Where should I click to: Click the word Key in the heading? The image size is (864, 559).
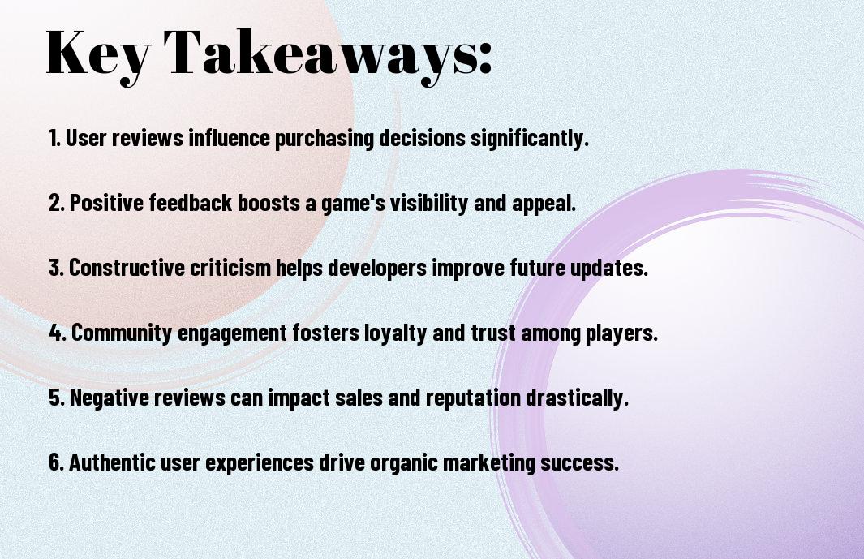click(x=97, y=54)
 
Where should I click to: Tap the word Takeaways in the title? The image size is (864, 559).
click(x=321, y=54)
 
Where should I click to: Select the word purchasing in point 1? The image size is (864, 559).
click(x=324, y=139)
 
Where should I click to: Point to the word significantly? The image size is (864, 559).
click(x=530, y=139)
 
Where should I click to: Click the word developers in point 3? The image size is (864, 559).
click(x=377, y=269)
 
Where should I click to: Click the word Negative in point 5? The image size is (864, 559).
click(x=109, y=398)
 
